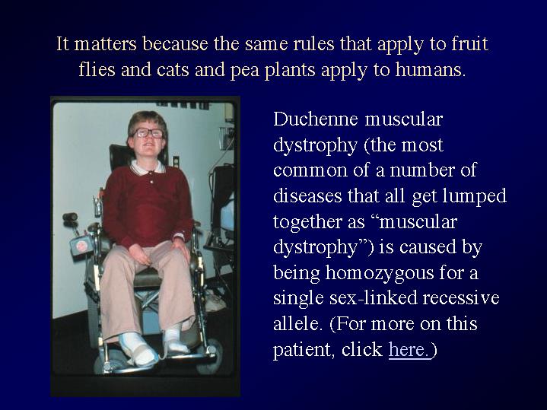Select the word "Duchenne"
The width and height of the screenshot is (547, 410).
coord(316,119)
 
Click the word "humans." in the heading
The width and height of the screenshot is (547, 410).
coord(431,69)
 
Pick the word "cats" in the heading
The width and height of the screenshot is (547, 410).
coord(173,70)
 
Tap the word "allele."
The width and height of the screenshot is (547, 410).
coord(296,323)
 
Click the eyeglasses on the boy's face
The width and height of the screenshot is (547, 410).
coord(148,132)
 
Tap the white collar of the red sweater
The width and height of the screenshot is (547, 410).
coord(148,167)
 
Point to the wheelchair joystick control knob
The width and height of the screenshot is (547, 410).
coord(70,217)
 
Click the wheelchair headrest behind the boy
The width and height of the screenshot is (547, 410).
coord(119,157)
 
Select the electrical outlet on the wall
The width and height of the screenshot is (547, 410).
coord(176,161)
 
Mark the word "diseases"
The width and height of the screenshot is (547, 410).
coord(307,195)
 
